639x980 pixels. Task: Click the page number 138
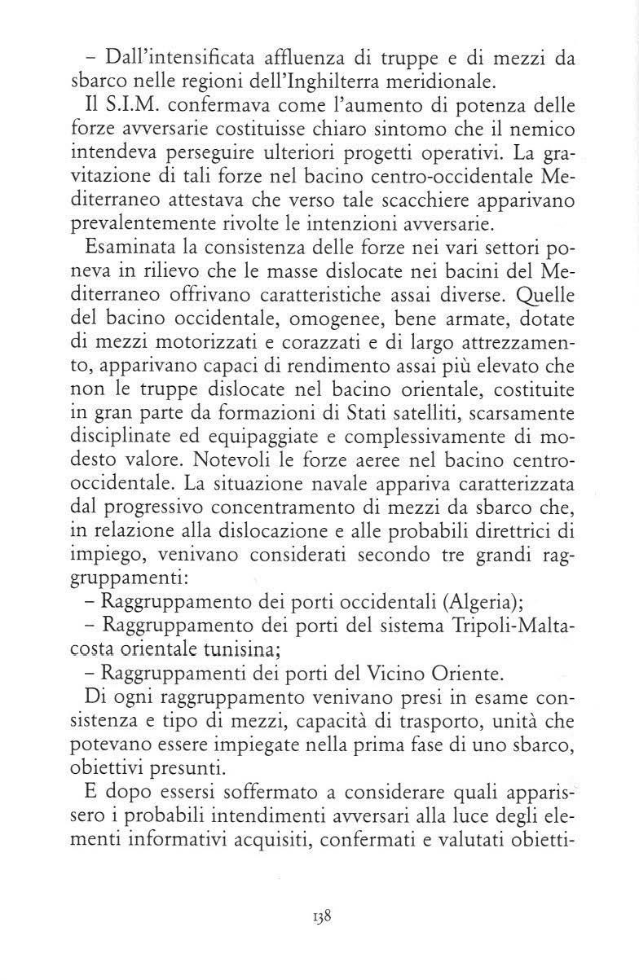click(319, 936)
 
